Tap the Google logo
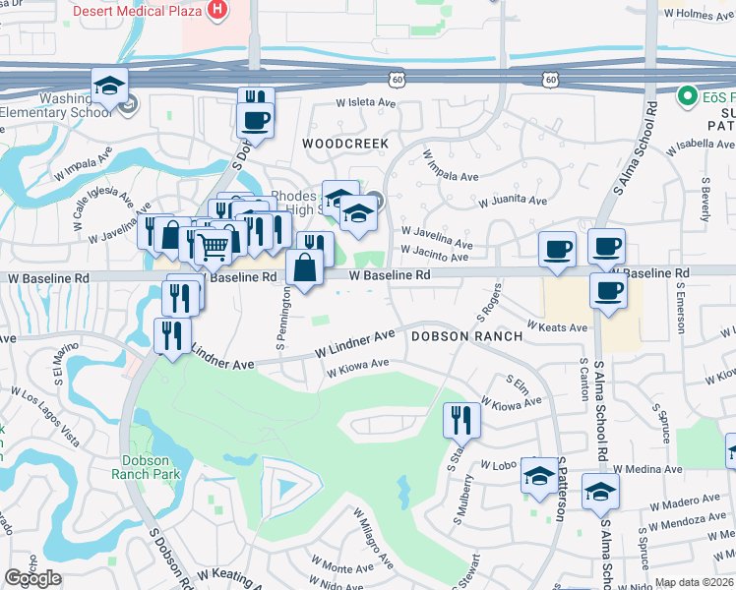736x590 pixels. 32,579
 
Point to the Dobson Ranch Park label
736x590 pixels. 152,466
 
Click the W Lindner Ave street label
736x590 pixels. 354,345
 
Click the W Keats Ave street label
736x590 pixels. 557,326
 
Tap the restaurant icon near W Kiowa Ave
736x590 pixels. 461,420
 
